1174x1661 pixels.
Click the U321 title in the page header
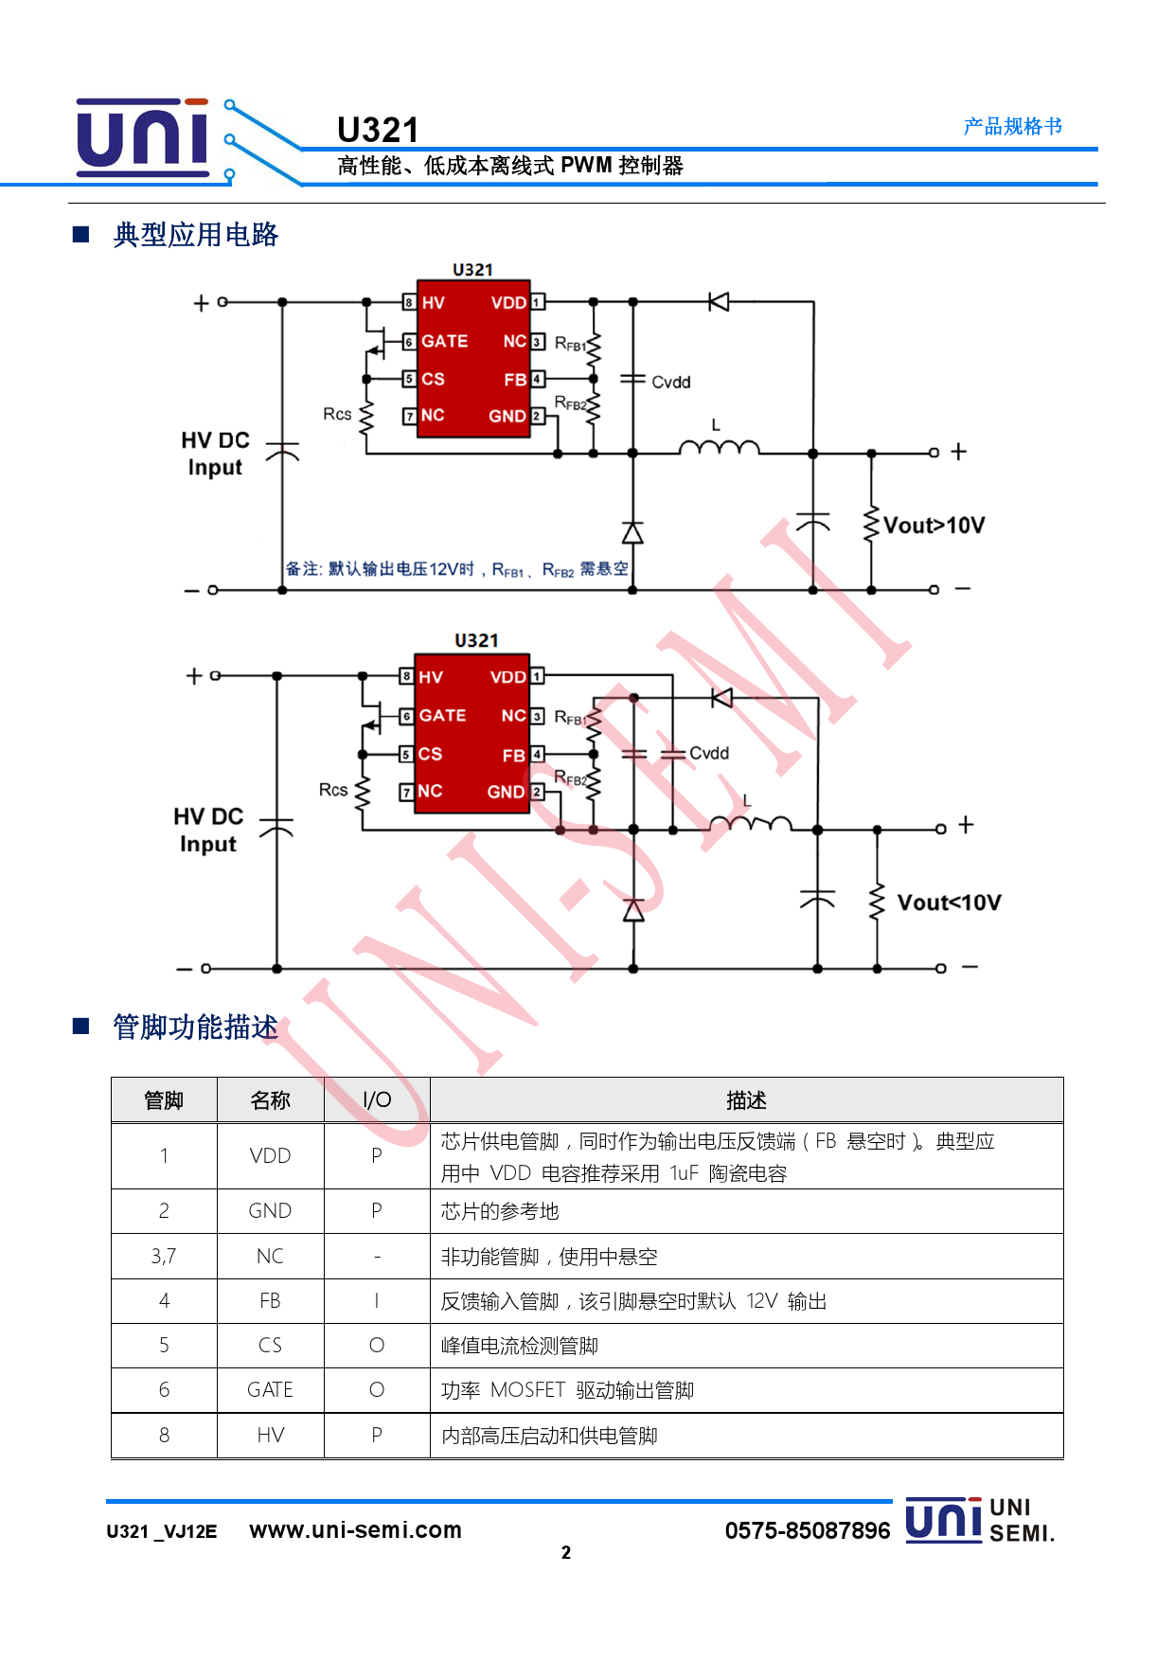tap(378, 130)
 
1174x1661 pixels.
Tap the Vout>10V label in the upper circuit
tap(934, 526)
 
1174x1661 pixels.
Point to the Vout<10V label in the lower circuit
tap(949, 902)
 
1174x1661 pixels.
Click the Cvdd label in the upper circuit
tap(671, 383)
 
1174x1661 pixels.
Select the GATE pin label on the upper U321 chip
tap(444, 341)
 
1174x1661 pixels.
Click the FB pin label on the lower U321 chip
tap(513, 756)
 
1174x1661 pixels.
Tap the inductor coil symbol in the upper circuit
tap(720, 447)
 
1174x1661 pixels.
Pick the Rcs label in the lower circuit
tap(332, 790)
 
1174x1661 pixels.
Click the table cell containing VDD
tap(270, 1156)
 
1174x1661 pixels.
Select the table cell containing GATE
tap(270, 1390)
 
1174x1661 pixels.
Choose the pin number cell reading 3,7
tap(164, 1257)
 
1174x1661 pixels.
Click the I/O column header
tap(377, 1100)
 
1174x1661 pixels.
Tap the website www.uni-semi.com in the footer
tap(355, 1530)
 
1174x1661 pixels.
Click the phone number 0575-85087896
tap(807, 1531)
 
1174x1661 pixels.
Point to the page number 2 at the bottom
tap(566, 1553)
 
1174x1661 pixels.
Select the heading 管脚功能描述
tap(195, 1027)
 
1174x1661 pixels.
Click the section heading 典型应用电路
tap(195, 235)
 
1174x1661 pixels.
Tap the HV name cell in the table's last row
tap(270, 1436)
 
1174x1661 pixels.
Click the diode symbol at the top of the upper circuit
tap(719, 302)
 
